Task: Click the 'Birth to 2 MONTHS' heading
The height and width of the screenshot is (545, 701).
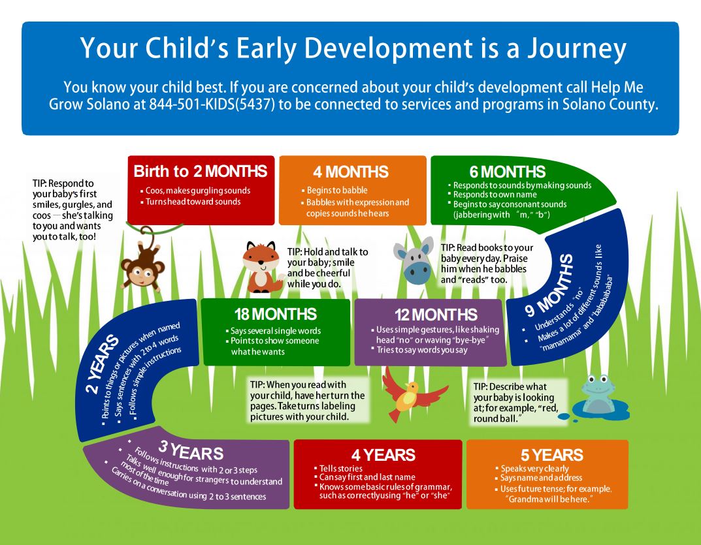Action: (201, 172)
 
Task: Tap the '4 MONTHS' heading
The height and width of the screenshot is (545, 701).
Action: (351, 172)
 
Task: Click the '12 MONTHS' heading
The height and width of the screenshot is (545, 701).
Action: (436, 315)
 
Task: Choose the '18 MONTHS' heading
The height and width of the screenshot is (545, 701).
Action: (275, 315)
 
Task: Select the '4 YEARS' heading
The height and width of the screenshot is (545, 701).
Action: (383, 455)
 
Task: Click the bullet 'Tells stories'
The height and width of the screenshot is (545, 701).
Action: (340, 468)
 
